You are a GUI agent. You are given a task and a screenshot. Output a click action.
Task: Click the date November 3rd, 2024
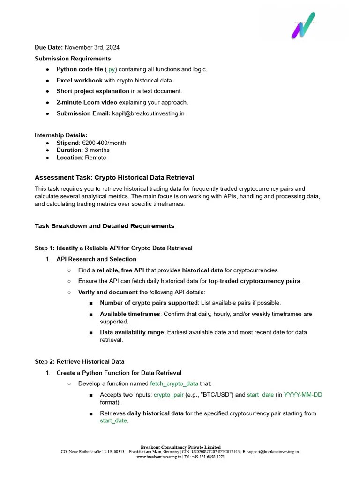point(92,47)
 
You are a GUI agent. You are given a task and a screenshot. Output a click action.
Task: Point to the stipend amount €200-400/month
point(103,142)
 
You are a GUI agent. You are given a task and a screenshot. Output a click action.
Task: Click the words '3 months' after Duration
point(97,150)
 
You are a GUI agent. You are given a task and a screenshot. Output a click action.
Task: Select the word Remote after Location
point(96,157)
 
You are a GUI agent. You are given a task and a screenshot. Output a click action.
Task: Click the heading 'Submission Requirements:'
point(74,59)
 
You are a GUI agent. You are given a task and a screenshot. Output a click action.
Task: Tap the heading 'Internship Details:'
point(61,135)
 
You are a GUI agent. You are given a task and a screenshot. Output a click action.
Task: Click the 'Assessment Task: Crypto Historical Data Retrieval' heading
point(114,178)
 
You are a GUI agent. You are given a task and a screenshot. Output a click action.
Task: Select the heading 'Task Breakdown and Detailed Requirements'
point(105,226)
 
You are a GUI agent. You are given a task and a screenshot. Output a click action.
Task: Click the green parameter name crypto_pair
point(169,395)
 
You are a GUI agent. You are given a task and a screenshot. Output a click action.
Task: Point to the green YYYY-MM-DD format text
point(303,395)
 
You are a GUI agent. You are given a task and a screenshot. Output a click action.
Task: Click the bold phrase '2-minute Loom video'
point(87,102)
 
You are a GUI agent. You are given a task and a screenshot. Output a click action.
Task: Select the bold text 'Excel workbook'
point(79,81)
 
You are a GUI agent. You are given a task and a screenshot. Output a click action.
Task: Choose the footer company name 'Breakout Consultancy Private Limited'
point(180,447)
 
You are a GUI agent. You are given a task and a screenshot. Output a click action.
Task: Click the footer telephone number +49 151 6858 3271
point(208,457)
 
